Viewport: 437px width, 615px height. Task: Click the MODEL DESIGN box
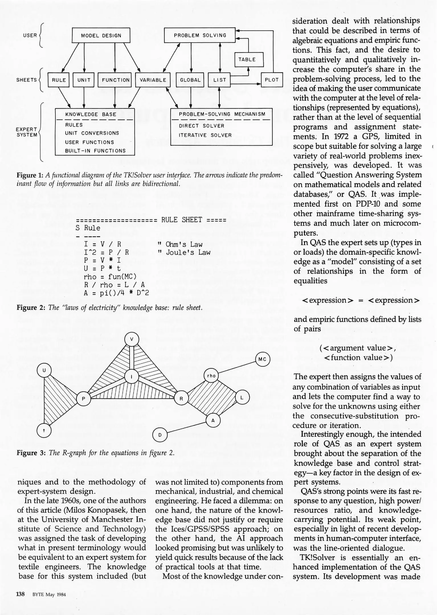pos(101,36)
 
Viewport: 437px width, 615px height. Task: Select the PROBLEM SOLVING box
pos(200,35)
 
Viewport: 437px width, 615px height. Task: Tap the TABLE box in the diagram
pos(249,60)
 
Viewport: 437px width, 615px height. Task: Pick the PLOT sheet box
pos(272,80)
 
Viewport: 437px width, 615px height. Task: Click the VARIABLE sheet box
pos(153,80)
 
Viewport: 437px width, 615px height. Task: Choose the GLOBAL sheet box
pos(190,80)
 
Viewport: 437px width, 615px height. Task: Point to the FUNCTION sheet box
pos(115,80)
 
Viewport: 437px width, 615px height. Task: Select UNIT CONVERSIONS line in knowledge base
pos(92,133)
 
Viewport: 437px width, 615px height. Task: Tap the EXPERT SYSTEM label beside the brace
pos(26,132)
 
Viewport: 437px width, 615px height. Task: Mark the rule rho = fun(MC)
pos(110,277)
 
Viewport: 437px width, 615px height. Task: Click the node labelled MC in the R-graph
pos(262,359)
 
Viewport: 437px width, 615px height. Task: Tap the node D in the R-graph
pos(160,435)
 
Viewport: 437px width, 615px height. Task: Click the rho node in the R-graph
pos(211,376)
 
